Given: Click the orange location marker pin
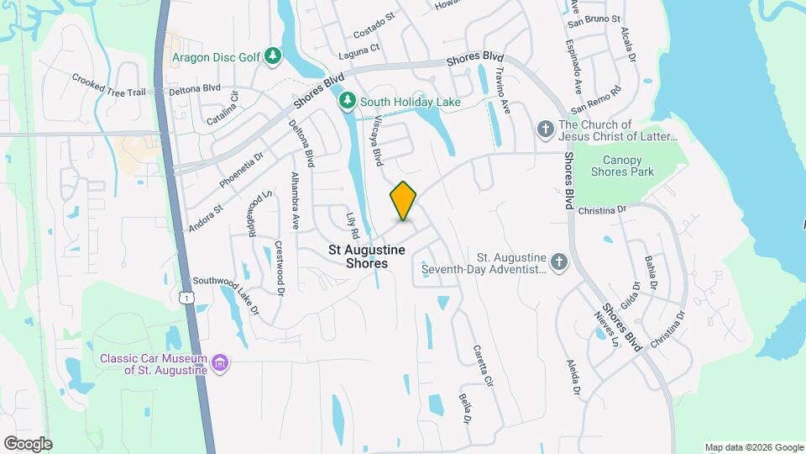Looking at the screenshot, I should pyautogui.click(x=404, y=201).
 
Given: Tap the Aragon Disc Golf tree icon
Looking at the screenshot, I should pyautogui.click(x=272, y=56).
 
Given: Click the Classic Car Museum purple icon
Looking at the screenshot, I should pyautogui.click(x=220, y=363).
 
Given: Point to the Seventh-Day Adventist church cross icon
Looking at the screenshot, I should pyautogui.click(x=560, y=262).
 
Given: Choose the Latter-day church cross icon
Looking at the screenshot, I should pyautogui.click(x=545, y=129).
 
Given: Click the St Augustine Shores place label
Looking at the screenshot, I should pyautogui.click(x=367, y=256).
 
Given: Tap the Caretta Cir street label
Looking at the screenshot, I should pyautogui.click(x=481, y=365).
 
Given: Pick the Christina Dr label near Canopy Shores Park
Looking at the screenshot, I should pyautogui.click(x=603, y=209).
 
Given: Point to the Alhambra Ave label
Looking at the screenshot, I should pyautogui.click(x=295, y=202).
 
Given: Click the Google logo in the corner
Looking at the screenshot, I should pyautogui.click(x=28, y=443).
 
